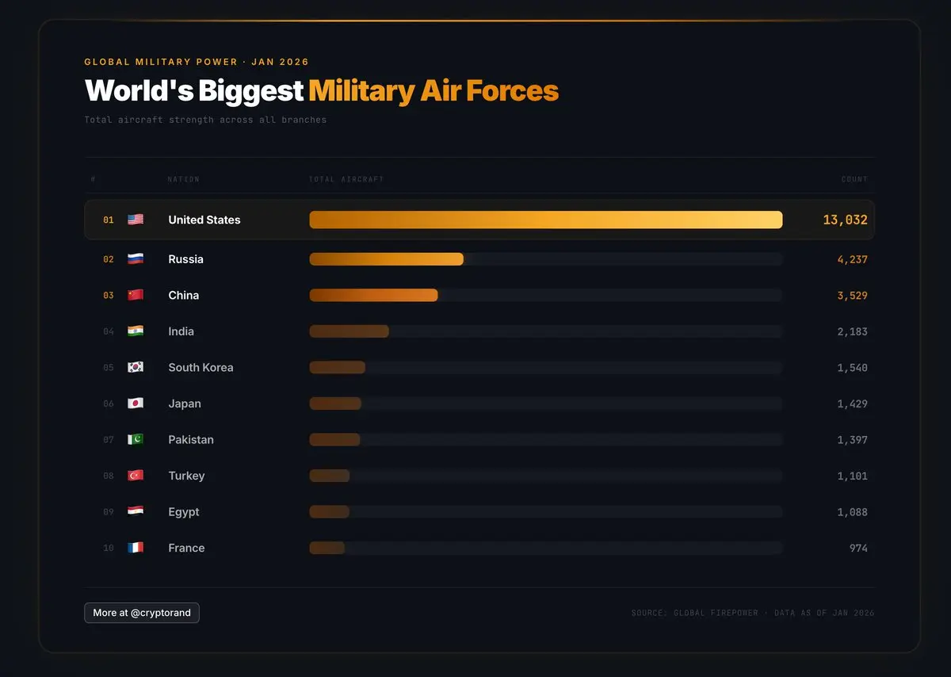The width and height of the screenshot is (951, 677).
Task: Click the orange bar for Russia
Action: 386,259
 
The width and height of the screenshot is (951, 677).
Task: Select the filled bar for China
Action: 373,295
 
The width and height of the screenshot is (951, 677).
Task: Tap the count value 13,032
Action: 845,220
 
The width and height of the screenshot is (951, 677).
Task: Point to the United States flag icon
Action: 136,220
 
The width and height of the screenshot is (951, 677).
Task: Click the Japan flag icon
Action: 136,404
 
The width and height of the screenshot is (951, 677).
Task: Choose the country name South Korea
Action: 201,367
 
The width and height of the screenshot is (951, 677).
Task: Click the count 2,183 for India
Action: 852,331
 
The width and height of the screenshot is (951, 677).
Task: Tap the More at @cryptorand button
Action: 142,613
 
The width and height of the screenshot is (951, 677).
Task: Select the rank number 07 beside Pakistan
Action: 109,440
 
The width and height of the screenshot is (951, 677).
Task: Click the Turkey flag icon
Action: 136,476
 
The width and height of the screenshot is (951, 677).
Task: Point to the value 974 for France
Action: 857,548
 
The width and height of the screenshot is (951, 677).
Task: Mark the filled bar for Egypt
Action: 329,512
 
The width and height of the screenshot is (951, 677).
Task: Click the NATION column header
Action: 183,179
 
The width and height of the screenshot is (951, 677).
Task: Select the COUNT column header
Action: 854,179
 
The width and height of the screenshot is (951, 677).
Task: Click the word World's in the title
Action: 139,90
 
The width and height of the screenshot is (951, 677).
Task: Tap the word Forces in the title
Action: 512,90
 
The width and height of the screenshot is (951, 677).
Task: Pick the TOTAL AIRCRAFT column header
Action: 346,179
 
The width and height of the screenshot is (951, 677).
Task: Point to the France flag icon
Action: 136,548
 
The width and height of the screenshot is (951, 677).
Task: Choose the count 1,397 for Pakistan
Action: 852,440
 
